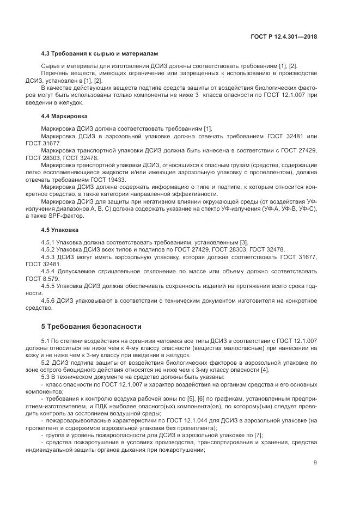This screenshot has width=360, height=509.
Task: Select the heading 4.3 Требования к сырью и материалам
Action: [x=100, y=54]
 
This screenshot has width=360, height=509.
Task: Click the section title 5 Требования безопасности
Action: [x=91, y=326]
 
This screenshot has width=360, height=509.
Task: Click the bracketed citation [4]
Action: [x=264, y=370]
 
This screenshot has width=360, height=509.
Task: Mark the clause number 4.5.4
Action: [x=50, y=271]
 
